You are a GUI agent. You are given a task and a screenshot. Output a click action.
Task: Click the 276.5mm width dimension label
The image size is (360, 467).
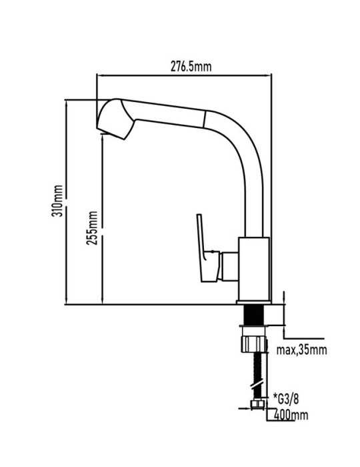coord(191,67)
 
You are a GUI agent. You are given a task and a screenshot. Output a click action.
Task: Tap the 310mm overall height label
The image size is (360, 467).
coord(57,200)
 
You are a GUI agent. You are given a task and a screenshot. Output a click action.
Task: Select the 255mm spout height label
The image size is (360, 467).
coord(92,228)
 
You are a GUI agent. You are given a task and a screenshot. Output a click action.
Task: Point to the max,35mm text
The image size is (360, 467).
coord(301,350)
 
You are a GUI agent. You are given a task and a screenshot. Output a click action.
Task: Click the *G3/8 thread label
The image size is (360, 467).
coord(286,399)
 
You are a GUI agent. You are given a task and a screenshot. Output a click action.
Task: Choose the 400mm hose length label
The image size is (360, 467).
coord(291,414)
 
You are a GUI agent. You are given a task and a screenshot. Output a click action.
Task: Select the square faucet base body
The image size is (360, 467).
coord(255,269)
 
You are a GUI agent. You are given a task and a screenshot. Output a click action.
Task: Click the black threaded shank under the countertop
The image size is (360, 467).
coord(253,315)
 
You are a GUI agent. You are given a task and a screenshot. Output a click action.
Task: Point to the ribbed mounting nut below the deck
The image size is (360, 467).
coord(253,344)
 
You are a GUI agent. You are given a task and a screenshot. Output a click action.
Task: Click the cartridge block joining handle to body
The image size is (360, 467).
coord(229,266)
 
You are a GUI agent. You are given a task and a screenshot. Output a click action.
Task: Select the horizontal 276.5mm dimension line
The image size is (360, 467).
coord(184,75)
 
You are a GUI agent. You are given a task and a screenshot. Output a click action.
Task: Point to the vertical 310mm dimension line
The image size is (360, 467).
coord(67,201)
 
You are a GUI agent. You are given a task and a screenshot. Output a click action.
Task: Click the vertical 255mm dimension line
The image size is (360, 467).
coord(103,219)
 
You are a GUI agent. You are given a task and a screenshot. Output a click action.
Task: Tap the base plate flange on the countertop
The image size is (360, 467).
coord(254,302)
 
